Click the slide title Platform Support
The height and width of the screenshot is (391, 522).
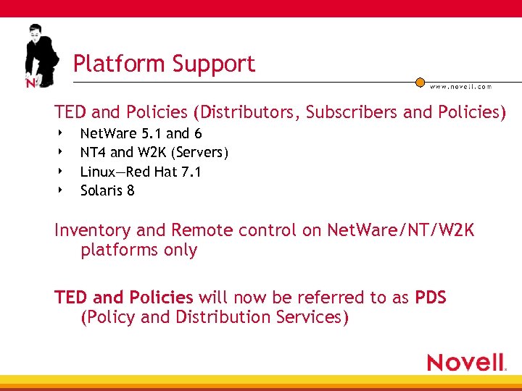164,64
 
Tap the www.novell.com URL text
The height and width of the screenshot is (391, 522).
461,86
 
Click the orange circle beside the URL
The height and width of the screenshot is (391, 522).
420,82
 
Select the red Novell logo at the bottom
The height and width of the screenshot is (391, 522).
466,362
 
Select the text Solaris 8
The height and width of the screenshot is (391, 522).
107,190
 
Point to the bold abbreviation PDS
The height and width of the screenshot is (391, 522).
431,298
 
